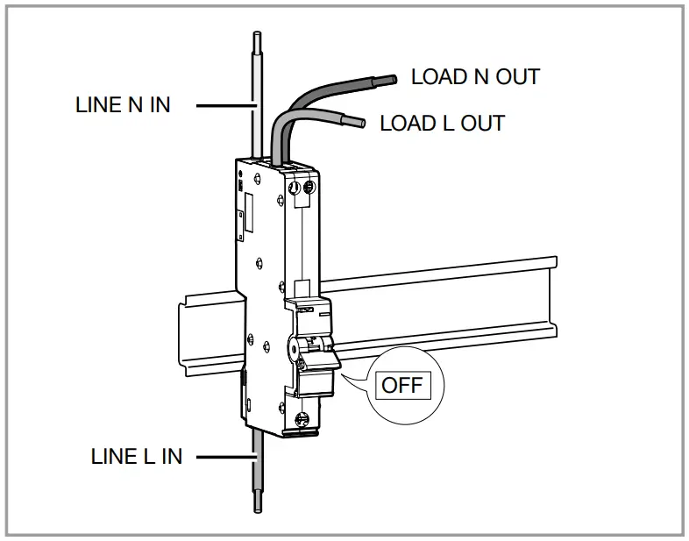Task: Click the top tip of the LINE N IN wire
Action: click(256, 38)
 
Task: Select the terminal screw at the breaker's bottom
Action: click(304, 420)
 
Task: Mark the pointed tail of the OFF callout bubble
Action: click(347, 376)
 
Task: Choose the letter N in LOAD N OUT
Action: click(480, 76)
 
